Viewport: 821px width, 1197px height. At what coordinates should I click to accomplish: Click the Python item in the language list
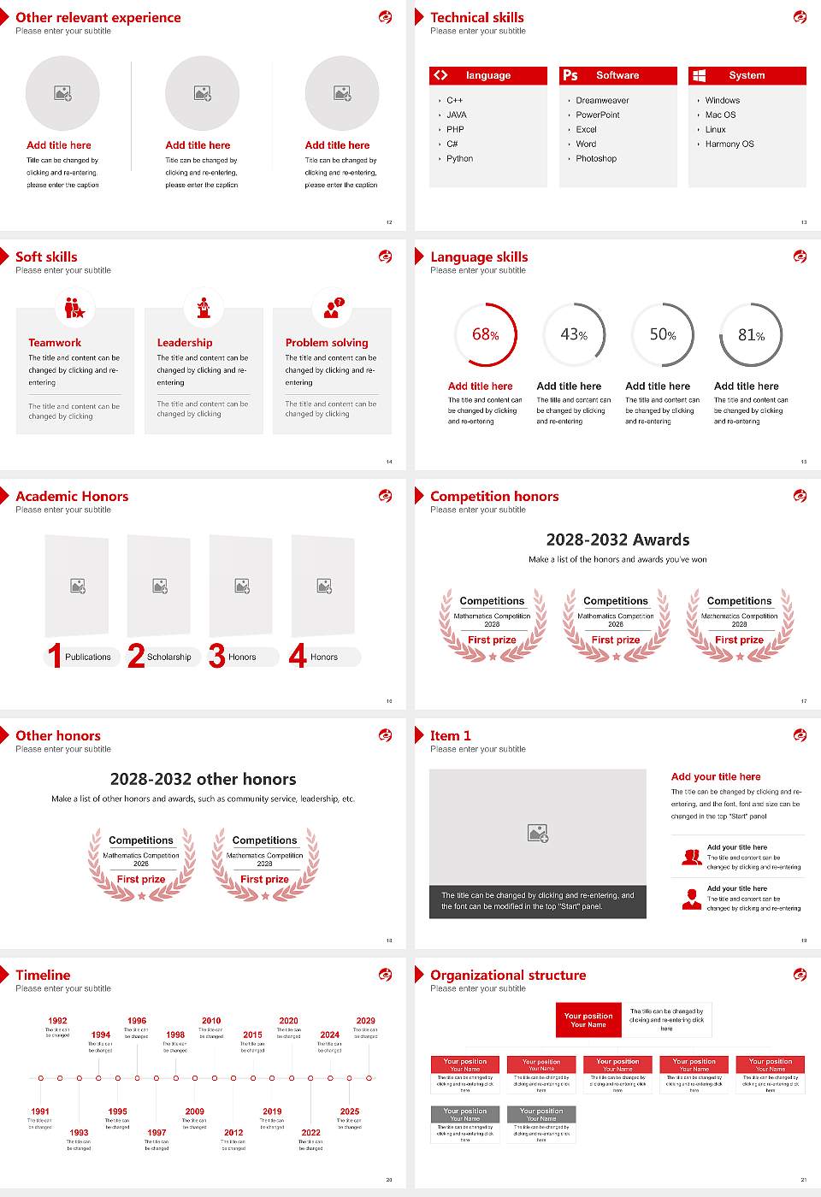click(x=459, y=159)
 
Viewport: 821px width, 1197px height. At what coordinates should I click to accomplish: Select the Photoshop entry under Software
click(x=595, y=159)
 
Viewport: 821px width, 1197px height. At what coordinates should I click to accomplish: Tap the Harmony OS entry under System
click(x=729, y=144)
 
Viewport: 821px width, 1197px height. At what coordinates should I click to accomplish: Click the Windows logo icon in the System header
click(x=700, y=75)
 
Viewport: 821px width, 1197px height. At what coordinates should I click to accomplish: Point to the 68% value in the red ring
click(x=485, y=334)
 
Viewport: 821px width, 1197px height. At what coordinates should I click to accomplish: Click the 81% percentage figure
click(x=751, y=335)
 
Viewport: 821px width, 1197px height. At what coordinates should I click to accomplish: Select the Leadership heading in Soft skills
click(x=185, y=342)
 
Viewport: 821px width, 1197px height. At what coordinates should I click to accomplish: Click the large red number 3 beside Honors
click(x=217, y=656)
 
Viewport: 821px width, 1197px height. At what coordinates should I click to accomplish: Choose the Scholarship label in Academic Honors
click(x=168, y=657)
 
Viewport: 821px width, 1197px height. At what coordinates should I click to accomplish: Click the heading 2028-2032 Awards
click(x=617, y=540)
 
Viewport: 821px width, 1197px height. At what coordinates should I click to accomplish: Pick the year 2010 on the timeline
click(x=211, y=1021)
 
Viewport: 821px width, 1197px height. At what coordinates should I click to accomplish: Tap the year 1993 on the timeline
click(x=79, y=1132)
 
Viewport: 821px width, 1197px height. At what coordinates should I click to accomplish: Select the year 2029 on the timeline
click(x=365, y=1021)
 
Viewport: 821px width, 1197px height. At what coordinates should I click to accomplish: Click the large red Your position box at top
click(x=588, y=1020)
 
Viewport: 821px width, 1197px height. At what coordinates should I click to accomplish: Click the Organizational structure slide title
click(x=508, y=975)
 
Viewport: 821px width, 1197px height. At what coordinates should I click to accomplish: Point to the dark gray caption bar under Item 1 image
click(x=537, y=901)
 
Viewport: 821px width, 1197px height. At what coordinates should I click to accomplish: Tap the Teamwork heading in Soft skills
click(x=55, y=342)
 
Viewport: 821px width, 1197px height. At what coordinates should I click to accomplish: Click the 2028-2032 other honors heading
click(x=203, y=779)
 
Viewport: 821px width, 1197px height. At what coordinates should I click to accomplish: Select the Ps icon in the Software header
click(x=570, y=75)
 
